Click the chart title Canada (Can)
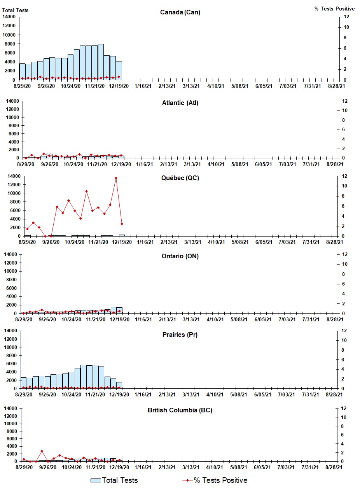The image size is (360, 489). pos(180,12)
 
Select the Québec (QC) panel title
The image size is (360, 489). pos(180,178)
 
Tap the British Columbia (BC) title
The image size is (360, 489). pos(180,410)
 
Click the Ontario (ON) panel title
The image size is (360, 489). pos(180,256)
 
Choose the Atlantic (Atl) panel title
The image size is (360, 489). pos(180,103)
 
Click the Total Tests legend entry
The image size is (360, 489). pos(114,480)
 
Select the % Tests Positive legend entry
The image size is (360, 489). pos(214,480)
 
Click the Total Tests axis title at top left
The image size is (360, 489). pos(16,10)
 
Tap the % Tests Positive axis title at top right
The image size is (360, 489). pos(334,9)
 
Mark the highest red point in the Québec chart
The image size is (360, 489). pos(116,178)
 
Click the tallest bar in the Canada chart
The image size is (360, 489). pos(101,62)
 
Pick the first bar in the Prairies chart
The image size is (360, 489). pos(24,383)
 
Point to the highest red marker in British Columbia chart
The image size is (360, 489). pos(42,451)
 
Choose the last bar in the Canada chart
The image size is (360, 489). pos(119,70)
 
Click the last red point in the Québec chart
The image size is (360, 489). pos(122,224)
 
